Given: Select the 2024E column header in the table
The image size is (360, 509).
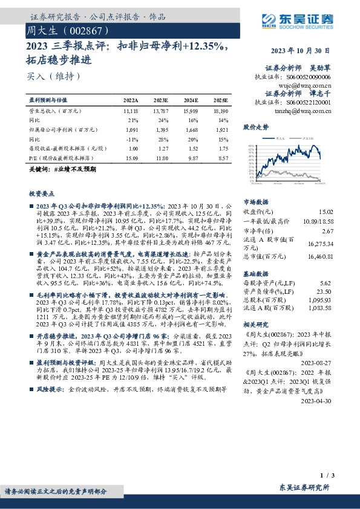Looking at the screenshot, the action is point(190,100).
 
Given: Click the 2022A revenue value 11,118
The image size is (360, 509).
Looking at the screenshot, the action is point(130,112).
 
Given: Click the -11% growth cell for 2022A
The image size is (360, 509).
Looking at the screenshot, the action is point(133,138).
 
